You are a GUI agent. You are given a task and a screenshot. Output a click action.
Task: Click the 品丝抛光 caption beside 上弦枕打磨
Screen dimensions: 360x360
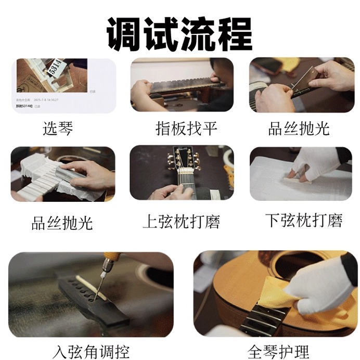pos(62,222)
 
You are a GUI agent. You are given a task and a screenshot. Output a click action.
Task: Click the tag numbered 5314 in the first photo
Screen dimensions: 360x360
pos(54,68)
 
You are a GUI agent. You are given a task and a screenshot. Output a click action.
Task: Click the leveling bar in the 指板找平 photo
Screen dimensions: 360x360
pos(182,84)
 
